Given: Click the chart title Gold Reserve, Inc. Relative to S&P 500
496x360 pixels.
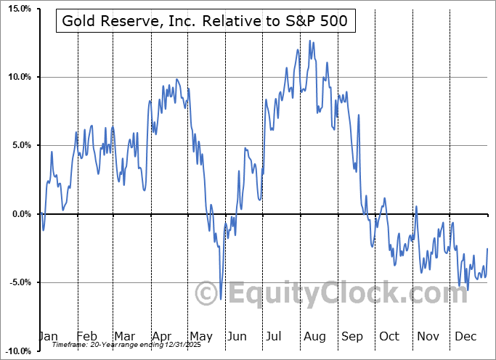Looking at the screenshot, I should click(206, 22).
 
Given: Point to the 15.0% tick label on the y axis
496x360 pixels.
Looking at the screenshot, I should click(17, 9).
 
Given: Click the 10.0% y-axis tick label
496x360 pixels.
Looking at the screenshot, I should click(17, 77).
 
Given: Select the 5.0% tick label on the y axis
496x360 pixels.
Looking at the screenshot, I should click(20, 145).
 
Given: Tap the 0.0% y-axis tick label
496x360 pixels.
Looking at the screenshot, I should click(20, 214).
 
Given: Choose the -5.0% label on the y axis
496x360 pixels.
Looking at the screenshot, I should click(18, 282).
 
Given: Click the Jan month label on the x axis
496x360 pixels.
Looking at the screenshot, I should click(48, 337).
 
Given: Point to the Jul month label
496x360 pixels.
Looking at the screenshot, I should click(274, 337).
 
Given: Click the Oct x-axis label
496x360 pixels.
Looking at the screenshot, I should click(389, 337).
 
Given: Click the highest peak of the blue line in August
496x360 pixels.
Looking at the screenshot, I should click(310, 41).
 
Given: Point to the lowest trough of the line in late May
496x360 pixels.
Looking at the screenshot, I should click(221, 299).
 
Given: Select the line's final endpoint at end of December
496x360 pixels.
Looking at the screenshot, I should click(487, 249).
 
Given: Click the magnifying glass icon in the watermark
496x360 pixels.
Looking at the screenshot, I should click(211, 292).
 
